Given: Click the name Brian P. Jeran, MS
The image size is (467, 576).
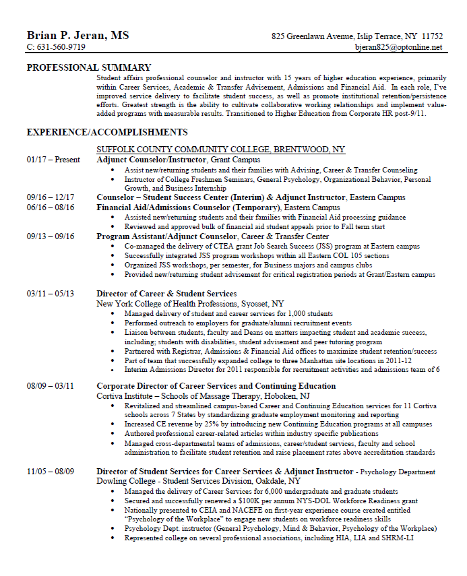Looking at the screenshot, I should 77,35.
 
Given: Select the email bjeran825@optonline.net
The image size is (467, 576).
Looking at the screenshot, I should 399,48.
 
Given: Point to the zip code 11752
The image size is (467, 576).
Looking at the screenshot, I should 431,36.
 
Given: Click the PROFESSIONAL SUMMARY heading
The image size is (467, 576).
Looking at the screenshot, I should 88,67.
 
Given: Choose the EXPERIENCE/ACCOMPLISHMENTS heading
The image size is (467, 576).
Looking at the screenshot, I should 106,132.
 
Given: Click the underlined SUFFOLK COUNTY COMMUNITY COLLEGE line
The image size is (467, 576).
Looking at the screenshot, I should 220,149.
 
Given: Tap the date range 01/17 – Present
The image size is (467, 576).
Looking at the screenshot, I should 53,160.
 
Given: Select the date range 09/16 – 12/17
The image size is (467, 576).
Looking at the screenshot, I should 51,197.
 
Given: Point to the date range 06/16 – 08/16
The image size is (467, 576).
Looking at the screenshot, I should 51,207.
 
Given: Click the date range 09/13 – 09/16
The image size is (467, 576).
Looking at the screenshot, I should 51,236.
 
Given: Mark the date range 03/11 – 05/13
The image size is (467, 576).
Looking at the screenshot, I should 51,294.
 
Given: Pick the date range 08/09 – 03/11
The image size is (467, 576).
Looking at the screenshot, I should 51,386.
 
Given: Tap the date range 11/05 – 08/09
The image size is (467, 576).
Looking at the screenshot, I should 51,472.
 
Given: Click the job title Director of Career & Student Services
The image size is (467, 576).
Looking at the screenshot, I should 166,294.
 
